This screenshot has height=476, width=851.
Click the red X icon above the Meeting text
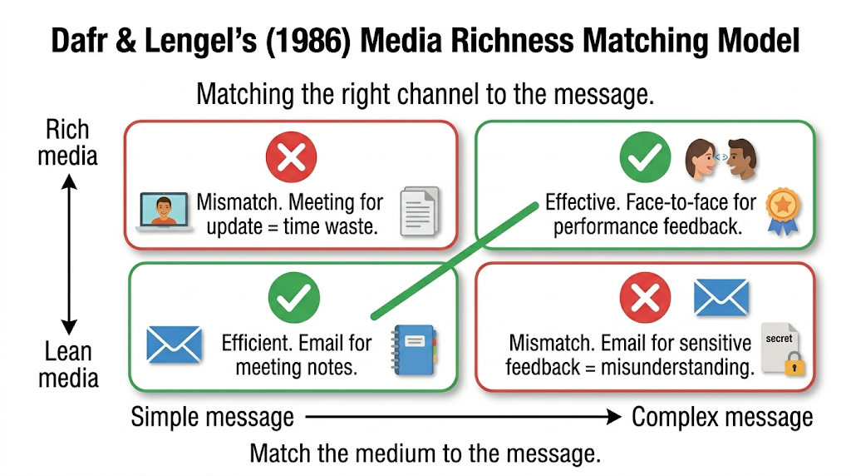coord(291,157)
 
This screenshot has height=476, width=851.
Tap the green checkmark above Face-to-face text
coord(645,157)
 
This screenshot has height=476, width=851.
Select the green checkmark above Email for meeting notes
coord(293,297)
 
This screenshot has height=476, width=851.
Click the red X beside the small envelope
coord(645,297)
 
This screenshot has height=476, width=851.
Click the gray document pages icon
coord(420,211)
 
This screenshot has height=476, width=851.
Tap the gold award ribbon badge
coord(783,211)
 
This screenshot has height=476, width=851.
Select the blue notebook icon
coord(414,350)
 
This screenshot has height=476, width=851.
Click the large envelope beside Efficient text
coord(175,345)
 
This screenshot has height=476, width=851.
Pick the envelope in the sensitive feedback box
coord(721,297)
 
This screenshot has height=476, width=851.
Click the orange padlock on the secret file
coord(794,363)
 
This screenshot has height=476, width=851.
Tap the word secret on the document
coord(779,339)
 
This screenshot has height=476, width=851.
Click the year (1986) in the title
coord(307,40)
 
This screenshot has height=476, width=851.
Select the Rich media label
coord(67,142)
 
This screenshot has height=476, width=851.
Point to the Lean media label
coord(68,364)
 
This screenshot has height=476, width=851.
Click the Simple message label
coord(212,417)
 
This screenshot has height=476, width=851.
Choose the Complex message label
coord(722,417)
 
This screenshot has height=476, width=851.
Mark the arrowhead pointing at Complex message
coord(614,417)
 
